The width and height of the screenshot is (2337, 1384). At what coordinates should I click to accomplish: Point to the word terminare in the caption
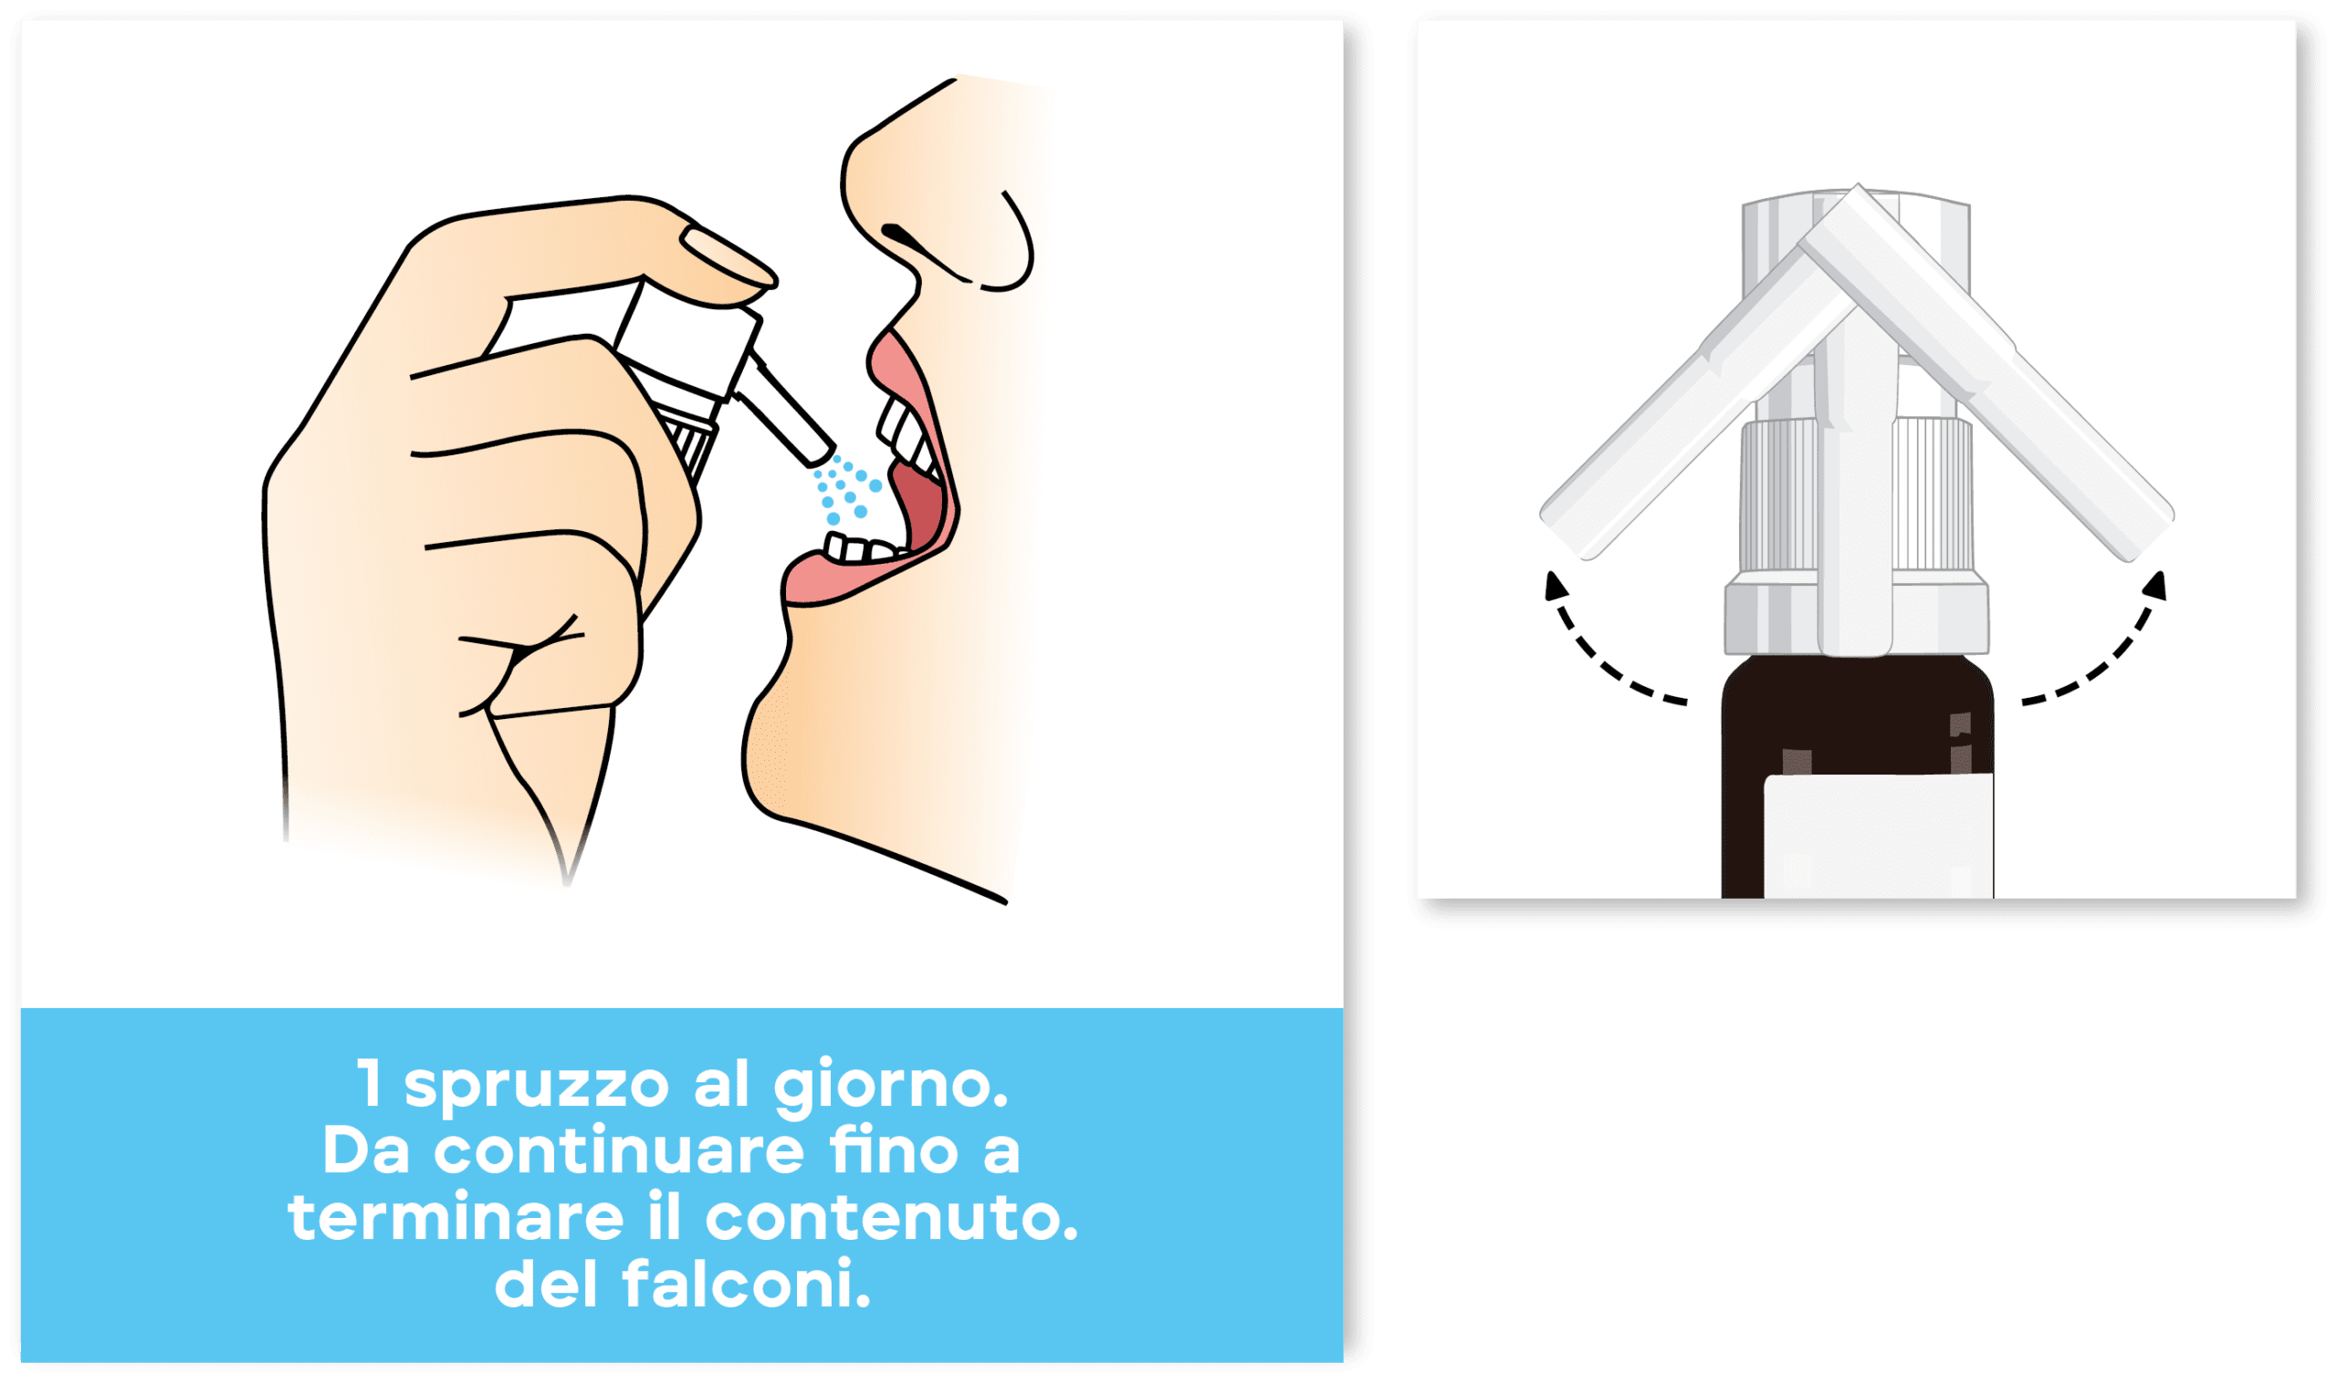point(456,1218)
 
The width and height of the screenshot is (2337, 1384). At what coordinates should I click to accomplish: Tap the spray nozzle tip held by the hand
point(817,454)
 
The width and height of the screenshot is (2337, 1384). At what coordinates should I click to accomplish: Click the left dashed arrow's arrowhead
point(1556,586)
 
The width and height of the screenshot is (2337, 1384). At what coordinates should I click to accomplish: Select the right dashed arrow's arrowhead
point(2156,586)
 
